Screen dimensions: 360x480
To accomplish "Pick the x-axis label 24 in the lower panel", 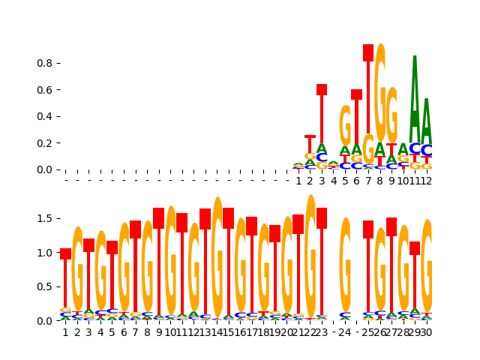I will [345, 332].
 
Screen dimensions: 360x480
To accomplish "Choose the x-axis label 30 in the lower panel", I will [426, 332].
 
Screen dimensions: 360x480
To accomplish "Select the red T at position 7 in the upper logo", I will [368, 90].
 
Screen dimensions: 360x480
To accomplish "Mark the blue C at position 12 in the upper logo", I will [426, 151].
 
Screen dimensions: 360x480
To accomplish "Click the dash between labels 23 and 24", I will [334, 332].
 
